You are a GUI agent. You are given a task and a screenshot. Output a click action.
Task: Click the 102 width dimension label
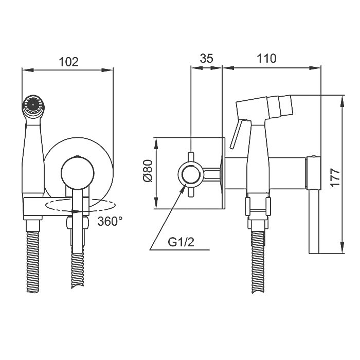pyautogui.click(x=68, y=62)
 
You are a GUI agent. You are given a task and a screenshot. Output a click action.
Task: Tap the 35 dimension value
pyautogui.click(x=206, y=58)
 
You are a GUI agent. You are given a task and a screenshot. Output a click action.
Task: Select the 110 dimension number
pyautogui.click(x=266, y=58)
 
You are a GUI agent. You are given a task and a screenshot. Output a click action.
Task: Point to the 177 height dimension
pyautogui.click(x=335, y=177)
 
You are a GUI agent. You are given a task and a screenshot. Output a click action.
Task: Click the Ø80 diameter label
pyautogui.click(x=148, y=171)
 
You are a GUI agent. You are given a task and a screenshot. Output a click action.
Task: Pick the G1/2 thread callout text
pyautogui.click(x=181, y=242)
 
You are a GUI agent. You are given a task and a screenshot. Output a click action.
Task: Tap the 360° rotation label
pyautogui.click(x=110, y=221)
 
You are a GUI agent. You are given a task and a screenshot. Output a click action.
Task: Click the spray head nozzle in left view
pyautogui.click(x=33, y=105)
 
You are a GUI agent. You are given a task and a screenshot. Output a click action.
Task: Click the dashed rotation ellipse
pyautogui.click(x=81, y=206)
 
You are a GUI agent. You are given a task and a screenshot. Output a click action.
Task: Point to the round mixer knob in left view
pyautogui.click(x=77, y=173)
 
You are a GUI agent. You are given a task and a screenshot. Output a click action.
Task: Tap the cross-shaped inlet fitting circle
pyautogui.click(x=191, y=174)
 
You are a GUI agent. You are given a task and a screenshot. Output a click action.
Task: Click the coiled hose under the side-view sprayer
pyautogui.click(x=258, y=262)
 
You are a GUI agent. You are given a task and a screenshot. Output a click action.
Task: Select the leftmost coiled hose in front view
pyautogui.click(x=33, y=262)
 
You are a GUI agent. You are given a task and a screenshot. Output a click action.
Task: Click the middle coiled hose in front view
pyautogui.click(x=78, y=271)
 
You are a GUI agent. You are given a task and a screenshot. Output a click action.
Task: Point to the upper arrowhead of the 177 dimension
pyautogui.click(x=342, y=101)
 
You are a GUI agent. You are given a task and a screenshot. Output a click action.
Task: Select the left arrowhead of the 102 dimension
pyautogui.click(x=28, y=70)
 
